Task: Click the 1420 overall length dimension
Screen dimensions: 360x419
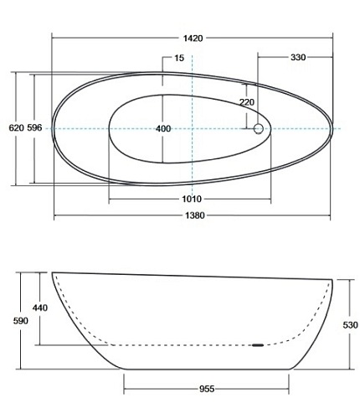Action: tap(193, 39)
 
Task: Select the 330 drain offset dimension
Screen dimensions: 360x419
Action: tap(298, 57)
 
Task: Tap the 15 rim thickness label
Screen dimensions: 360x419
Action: tap(179, 58)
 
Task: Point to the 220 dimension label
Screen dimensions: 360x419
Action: tap(247, 102)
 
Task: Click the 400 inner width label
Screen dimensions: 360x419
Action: tap(163, 128)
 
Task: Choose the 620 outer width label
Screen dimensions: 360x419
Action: tap(17, 128)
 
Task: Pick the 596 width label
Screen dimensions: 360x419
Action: tap(34, 128)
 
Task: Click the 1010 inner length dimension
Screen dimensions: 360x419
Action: tap(192, 199)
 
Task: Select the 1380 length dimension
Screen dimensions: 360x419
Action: tap(195, 215)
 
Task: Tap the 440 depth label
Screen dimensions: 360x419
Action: tap(40, 308)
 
